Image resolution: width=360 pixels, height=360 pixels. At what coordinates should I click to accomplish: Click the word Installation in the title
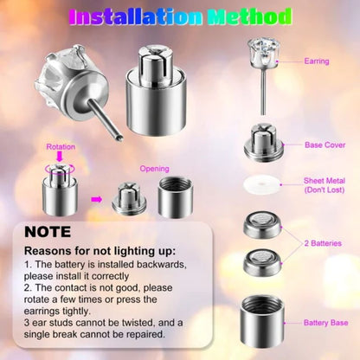133,16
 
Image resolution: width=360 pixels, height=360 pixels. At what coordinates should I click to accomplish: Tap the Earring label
317,61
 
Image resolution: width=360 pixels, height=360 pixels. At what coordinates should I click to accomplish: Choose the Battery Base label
325,323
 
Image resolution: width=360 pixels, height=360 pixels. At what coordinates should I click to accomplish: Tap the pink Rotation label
60,147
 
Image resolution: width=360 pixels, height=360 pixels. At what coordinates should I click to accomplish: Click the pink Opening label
154,169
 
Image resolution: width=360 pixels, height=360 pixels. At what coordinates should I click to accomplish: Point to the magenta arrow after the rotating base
96,199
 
